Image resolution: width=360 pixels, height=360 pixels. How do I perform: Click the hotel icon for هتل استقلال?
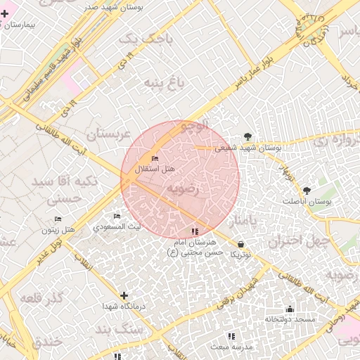point(155,159)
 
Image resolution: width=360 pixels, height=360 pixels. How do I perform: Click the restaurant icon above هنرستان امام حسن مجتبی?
point(195,231)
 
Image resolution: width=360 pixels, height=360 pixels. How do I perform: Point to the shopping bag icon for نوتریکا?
point(241,244)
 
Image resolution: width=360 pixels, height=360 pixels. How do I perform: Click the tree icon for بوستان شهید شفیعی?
point(247,136)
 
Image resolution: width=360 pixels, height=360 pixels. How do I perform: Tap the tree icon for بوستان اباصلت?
point(306,191)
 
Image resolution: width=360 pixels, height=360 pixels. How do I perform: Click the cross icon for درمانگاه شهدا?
point(124,296)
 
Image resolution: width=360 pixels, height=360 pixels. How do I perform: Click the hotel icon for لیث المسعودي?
point(117,216)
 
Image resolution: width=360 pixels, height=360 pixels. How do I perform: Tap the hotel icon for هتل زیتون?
point(58,219)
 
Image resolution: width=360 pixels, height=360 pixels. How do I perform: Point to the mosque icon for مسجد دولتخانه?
point(289,309)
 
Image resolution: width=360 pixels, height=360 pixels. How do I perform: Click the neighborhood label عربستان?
point(108,133)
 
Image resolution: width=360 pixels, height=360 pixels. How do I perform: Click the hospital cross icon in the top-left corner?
point(4,13)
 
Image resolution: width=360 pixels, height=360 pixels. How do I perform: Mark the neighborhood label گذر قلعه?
point(51,301)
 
